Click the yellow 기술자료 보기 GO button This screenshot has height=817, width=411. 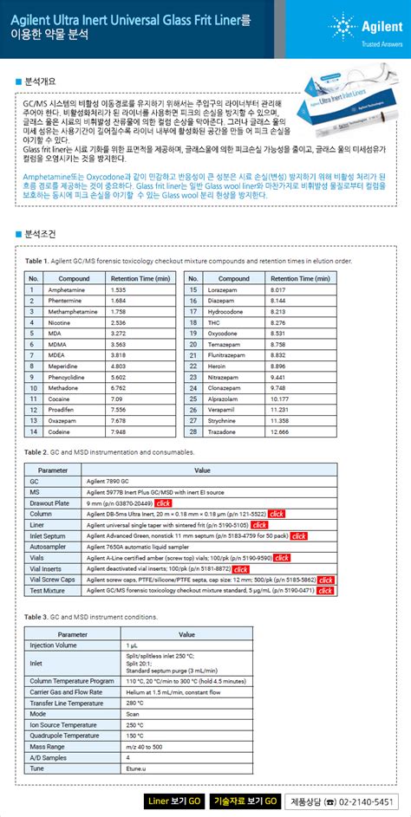(245, 801)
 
